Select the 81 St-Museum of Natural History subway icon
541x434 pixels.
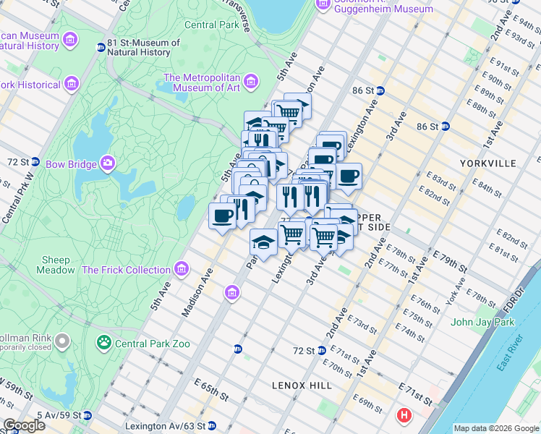(x=101, y=48)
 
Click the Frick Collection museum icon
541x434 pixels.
(x=181, y=270)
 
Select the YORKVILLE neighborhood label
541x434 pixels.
(x=488, y=163)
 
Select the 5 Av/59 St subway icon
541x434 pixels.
(x=87, y=415)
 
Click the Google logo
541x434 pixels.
(x=24, y=425)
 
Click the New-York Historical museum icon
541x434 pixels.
(x=72, y=85)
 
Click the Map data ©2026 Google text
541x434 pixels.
(x=495, y=428)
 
